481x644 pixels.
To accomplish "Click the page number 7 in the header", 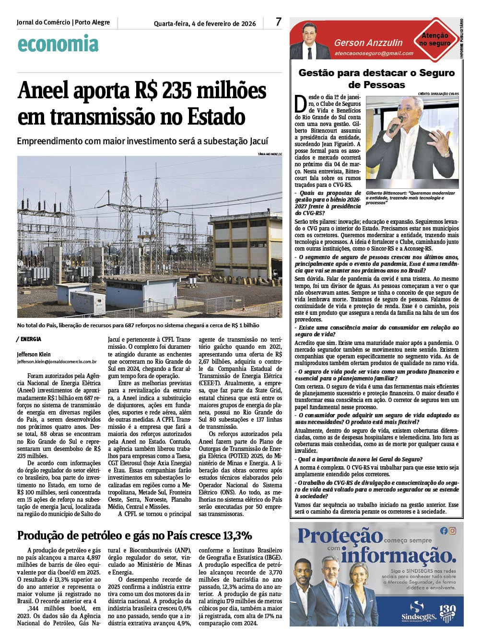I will click(x=279, y=22).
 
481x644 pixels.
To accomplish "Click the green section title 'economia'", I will click(x=58, y=44).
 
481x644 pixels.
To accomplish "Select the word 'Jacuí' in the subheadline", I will click(x=259, y=141).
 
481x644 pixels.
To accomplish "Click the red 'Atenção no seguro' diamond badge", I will click(x=435, y=39).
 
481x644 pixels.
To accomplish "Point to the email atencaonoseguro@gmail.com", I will click(x=374, y=54).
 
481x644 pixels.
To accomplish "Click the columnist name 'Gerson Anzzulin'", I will click(x=368, y=43).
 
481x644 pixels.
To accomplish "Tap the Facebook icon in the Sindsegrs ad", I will click(x=444, y=530).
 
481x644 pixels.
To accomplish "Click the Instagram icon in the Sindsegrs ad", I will click(x=453, y=530).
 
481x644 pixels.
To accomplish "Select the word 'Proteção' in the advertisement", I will click(x=340, y=536).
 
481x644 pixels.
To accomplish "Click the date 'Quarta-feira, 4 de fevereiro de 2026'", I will click(x=205, y=23).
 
